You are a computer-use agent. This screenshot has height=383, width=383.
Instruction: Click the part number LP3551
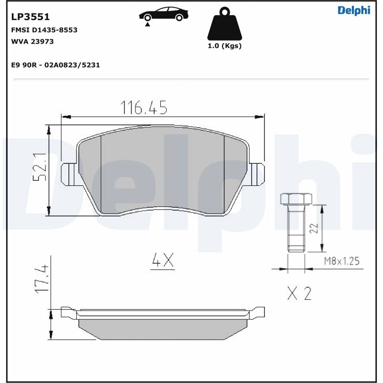pos(30,17)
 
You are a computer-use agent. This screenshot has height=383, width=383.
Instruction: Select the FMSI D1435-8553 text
pos(44,30)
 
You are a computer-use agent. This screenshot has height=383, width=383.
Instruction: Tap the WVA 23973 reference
pos(32,41)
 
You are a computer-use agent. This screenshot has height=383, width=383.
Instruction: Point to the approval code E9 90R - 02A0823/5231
pos(55,65)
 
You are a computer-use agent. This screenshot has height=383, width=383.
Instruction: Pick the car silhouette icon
pos(163,14)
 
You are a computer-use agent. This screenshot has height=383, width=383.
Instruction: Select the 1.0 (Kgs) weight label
pos(224,46)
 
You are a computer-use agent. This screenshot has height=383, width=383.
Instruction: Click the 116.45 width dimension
pos(144,108)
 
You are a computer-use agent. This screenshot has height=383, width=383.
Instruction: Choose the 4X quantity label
pos(162,261)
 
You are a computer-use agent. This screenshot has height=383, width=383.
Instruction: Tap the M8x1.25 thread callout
pos(341,261)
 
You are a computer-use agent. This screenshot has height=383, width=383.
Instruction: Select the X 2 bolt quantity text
pos(299,293)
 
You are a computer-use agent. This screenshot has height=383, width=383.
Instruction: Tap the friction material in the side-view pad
pos(163,327)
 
